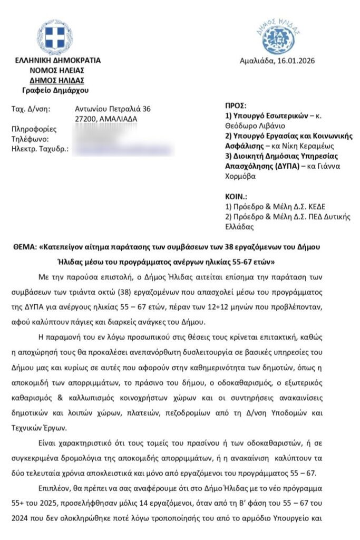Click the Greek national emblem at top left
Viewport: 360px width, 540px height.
coord(55,37)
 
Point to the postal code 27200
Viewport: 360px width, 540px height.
coord(85,119)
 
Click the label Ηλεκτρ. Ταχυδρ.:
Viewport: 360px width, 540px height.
coord(40,149)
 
